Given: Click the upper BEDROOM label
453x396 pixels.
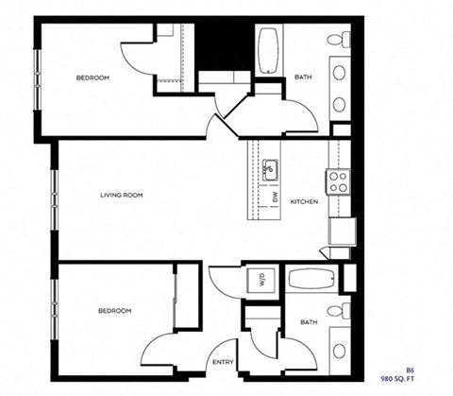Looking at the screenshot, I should coord(92,77).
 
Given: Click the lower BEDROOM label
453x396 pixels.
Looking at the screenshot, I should coord(114,310).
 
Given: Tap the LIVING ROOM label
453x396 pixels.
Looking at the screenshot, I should coord(121,196).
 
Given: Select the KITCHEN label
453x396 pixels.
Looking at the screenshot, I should coord(303,202).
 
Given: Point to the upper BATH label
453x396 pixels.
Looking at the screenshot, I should coord(303,77).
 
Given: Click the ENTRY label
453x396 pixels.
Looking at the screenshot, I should coord(224,363).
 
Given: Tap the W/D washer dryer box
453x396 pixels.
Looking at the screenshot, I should coord(258,280).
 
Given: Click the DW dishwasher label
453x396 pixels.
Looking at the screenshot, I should coord(275,198).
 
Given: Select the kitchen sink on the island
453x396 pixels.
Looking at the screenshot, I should coord(269,171).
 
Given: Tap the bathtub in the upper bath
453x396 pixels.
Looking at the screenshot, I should coord(268,51).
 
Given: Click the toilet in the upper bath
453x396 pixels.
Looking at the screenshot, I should coord(338,42).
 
